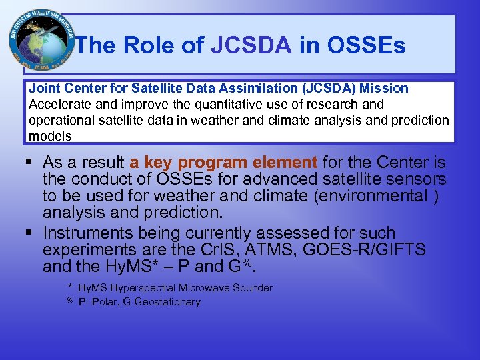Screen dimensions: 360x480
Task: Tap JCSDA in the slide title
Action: pos(251,45)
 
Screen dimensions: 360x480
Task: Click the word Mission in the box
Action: pos(383,89)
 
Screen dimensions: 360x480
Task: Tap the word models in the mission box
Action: pos(50,136)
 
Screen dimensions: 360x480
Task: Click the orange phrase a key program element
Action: pos(224,162)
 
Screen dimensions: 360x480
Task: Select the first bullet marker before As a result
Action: pos(30,162)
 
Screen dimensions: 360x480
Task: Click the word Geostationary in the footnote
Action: pos(167,302)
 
